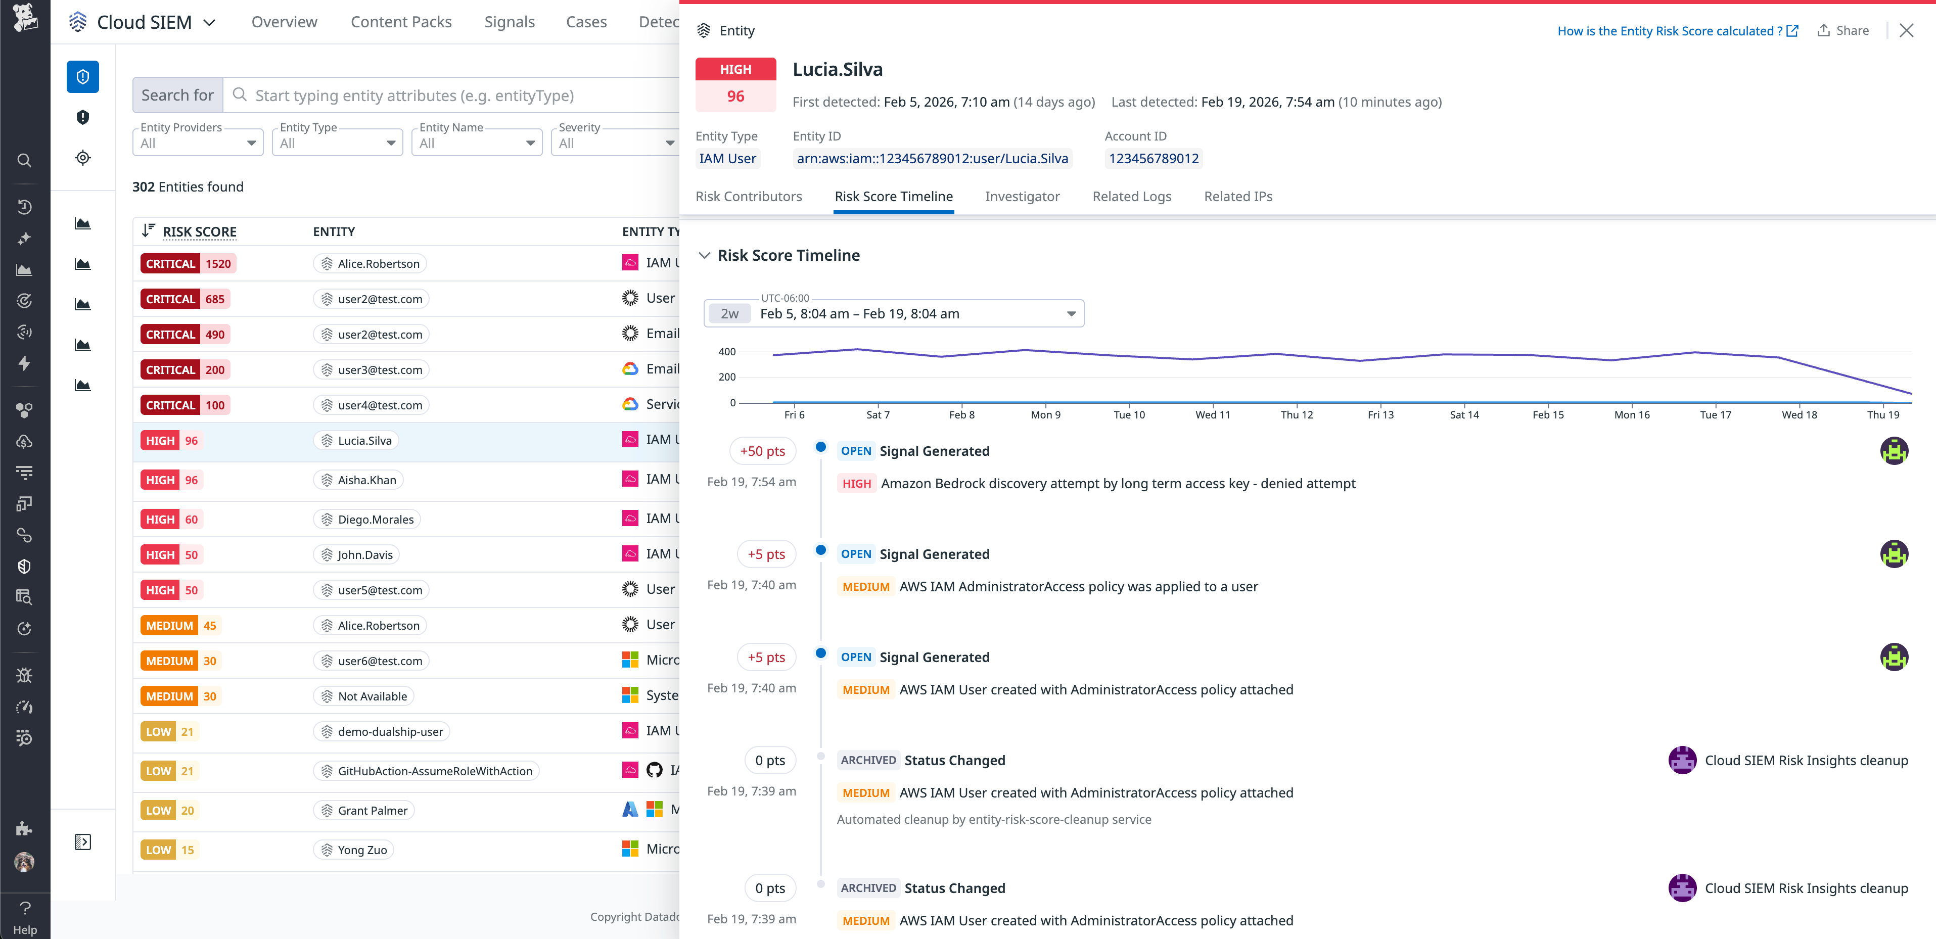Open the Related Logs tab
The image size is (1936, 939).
point(1131,196)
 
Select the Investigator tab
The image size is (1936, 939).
point(1022,196)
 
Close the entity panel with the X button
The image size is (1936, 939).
point(1906,31)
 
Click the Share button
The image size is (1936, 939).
point(1843,31)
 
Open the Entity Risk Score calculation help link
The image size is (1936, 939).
point(1677,31)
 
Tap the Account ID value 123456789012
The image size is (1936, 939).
point(1153,159)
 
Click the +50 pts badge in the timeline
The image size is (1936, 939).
point(762,451)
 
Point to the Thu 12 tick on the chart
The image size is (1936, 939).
point(1297,414)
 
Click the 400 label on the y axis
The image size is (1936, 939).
point(727,352)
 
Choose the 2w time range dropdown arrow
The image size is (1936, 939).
point(1071,314)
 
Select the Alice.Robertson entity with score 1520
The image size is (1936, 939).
point(370,264)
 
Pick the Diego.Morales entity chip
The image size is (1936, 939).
point(367,519)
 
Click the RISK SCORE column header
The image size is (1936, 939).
point(199,232)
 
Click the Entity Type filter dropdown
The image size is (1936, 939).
point(337,143)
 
